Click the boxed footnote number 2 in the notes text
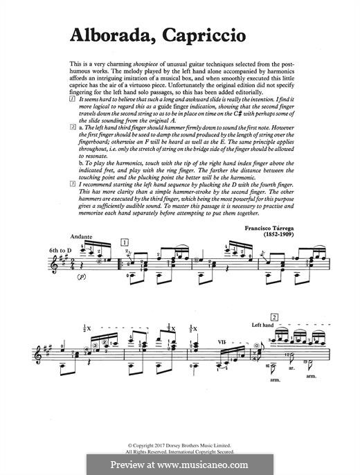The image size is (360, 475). coord(72,129)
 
